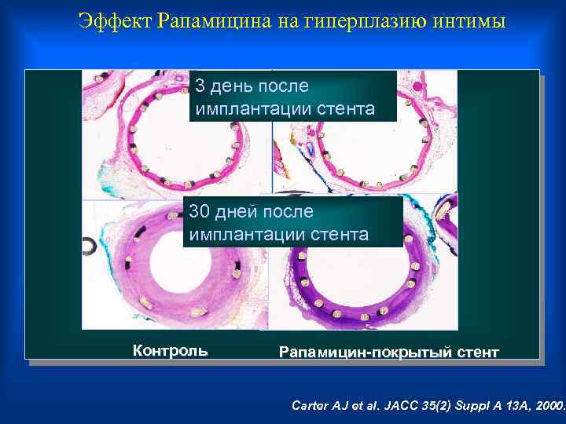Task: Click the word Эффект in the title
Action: coord(116,21)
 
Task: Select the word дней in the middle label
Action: coord(241,211)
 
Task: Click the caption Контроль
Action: coord(171,351)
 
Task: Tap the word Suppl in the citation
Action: coord(457,406)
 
